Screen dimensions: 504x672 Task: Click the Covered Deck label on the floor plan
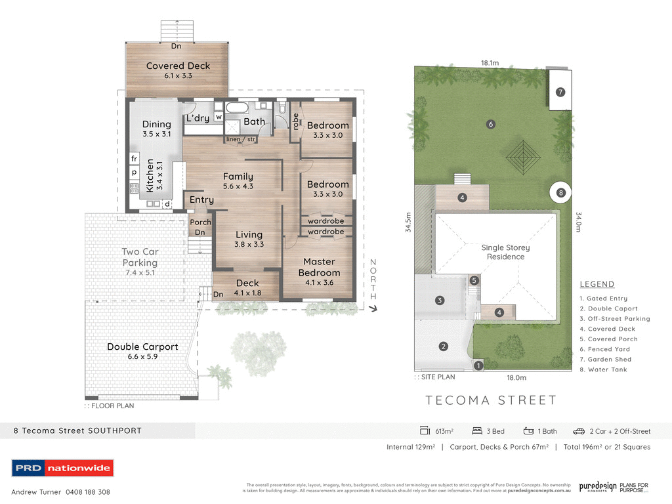pyautogui.click(x=178, y=66)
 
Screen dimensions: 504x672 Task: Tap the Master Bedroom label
pyautogui.click(x=319, y=267)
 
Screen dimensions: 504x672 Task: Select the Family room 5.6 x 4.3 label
pyautogui.click(x=238, y=180)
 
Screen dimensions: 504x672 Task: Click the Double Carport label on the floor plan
pyautogui.click(x=142, y=346)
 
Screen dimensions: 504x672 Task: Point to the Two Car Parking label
pyautogui.click(x=140, y=257)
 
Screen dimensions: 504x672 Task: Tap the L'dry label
pyautogui.click(x=198, y=119)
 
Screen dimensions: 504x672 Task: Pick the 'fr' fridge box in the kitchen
pyautogui.click(x=134, y=159)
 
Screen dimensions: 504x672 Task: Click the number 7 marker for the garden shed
pyautogui.click(x=560, y=92)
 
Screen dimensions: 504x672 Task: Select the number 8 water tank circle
pyautogui.click(x=560, y=193)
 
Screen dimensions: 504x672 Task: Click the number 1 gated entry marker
pyautogui.click(x=478, y=366)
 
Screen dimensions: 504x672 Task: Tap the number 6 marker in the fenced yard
pyautogui.click(x=490, y=124)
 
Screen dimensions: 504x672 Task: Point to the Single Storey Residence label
pyautogui.click(x=505, y=252)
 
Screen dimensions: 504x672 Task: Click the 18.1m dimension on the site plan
pyautogui.click(x=490, y=63)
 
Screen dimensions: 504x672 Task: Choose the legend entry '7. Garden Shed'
pyautogui.click(x=605, y=360)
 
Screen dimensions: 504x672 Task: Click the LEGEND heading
pyautogui.click(x=597, y=284)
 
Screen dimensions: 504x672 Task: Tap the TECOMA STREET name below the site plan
pyautogui.click(x=491, y=400)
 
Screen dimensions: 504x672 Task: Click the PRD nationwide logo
pyautogui.click(x=63, y=468)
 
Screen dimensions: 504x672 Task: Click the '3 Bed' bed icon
pyautogui.click(x=477, y=431)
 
